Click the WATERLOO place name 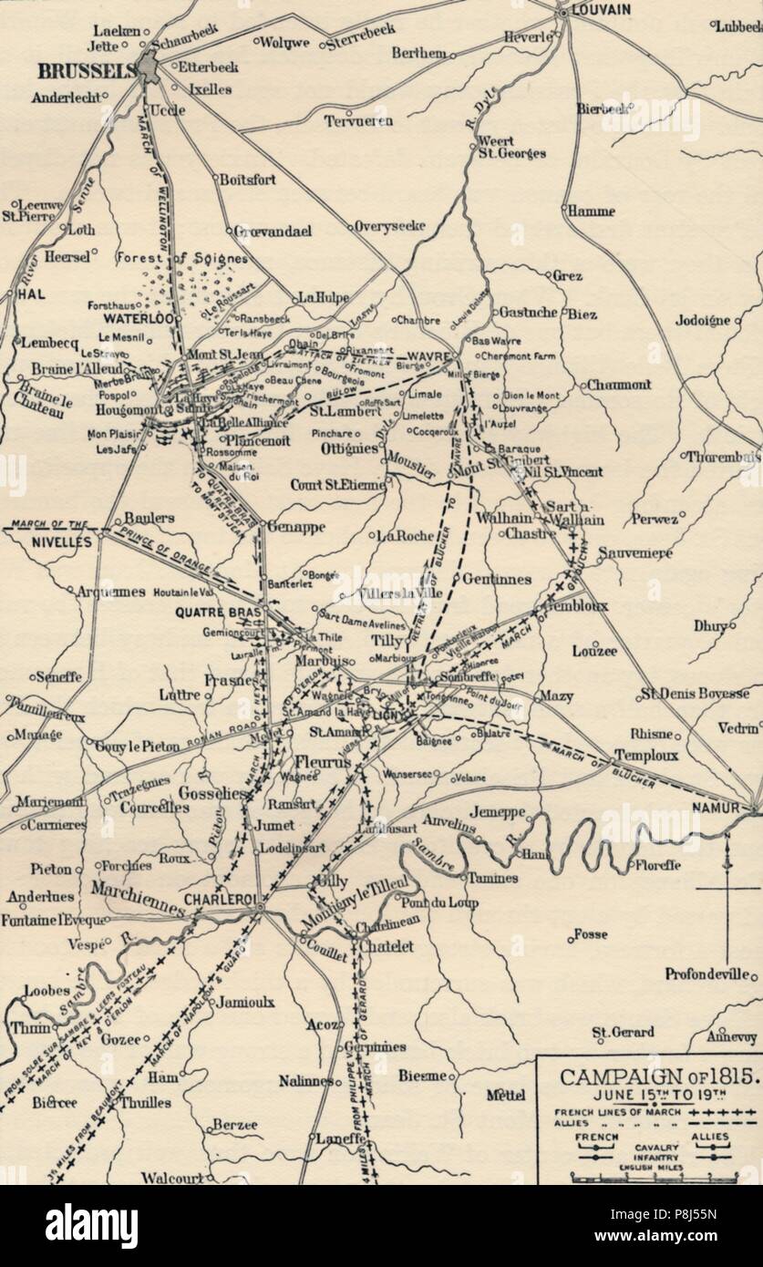138,320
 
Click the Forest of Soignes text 176,258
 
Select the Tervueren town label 359,120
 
